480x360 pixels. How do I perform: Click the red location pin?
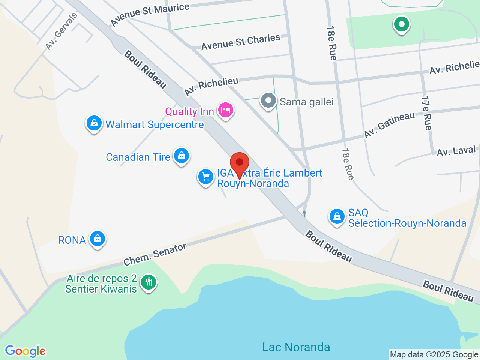[x=239, y=163]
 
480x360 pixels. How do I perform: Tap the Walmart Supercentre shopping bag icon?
[x=94, y=123]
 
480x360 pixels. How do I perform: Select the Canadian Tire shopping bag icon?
[x=181, y=156]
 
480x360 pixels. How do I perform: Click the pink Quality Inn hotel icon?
[x=225, y=110]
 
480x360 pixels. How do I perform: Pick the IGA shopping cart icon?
[x=205, y=176]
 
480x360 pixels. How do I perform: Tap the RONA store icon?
[x=97, y=238]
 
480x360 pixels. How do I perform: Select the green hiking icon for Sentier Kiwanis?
[x=149, y=282]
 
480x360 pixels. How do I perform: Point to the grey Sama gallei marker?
[x=268, y=101]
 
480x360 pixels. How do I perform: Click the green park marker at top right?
[x=401, y=25]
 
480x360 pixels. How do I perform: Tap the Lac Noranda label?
[x=296, y=347]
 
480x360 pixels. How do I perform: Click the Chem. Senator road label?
[x=155, y=254]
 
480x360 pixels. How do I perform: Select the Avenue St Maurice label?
[x=150, y=15]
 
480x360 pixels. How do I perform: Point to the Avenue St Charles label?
[x=241, y=42]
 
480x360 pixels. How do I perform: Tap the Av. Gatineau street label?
[x=390, y=124]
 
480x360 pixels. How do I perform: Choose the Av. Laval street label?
[x=456, y=151]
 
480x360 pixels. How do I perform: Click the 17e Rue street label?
[x=427, y=113]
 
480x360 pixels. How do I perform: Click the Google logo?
[x=25, y=351]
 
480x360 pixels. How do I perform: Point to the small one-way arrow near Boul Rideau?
[x=304, y=213]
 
